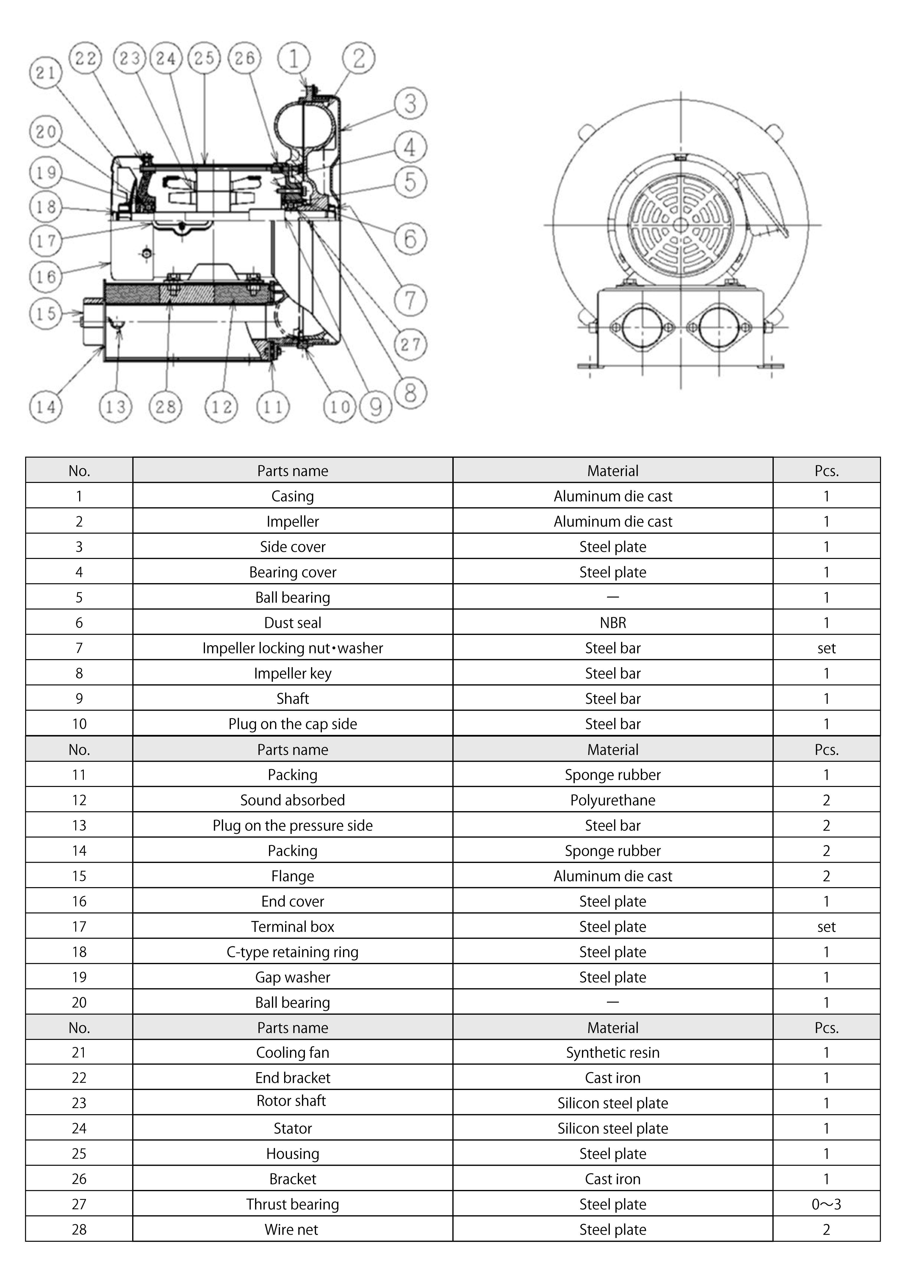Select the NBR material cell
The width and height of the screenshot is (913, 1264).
[613, 622]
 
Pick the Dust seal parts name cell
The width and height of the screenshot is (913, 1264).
[292, 622]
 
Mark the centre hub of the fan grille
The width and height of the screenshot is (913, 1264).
[680, 225]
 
